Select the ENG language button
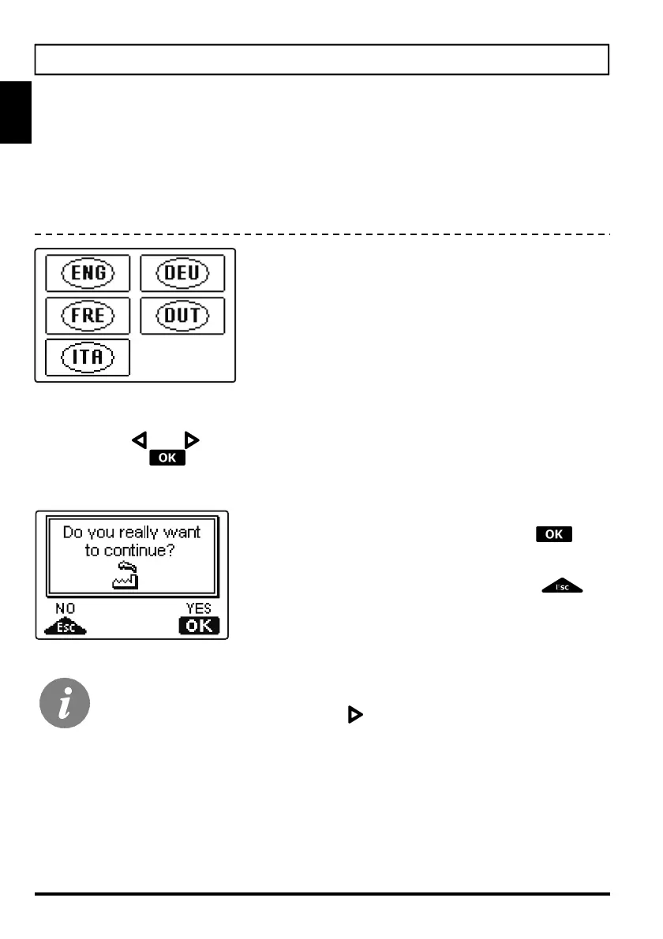pos(88,274)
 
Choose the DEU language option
pos(182,274)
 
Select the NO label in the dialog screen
pos(65,610)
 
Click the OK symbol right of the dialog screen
pos(553,534)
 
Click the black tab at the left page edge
pos(15,111)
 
